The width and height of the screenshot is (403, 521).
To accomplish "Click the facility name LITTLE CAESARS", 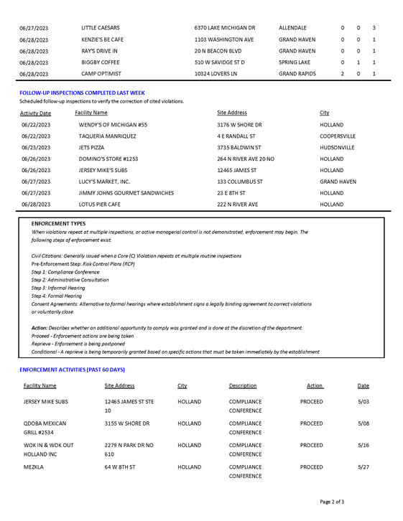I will tap(100, 27).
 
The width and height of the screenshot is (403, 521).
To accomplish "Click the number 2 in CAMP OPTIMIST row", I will tap(343, 74).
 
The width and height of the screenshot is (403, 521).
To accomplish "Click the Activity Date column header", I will tap(35, 113).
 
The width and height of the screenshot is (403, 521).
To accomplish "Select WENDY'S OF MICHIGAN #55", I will tap(113, 125).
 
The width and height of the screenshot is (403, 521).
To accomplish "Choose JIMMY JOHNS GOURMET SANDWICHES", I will tap(126, 193).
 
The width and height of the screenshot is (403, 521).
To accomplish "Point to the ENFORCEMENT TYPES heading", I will tap(58, 224).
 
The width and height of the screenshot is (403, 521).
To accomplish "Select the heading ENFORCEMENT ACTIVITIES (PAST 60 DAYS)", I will tap(72, 370).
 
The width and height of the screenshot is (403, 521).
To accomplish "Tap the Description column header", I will tap(243, 386).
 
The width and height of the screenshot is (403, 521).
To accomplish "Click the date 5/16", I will tap(363, 445).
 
